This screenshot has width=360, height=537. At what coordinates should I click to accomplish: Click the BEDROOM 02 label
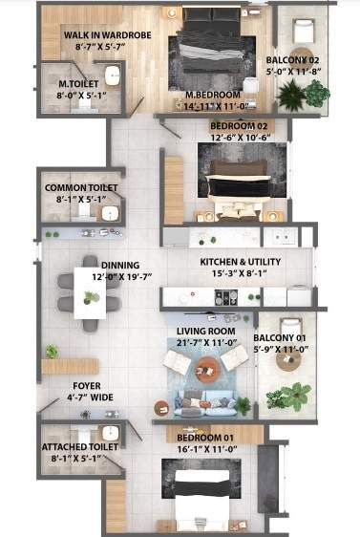(x=238, y=125)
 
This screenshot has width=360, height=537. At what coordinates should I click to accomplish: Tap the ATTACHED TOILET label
(x=80, y=445)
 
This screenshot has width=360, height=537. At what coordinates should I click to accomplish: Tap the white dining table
(x=91, y=293)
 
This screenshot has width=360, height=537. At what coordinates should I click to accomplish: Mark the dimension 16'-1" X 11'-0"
(x=207, y=446)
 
